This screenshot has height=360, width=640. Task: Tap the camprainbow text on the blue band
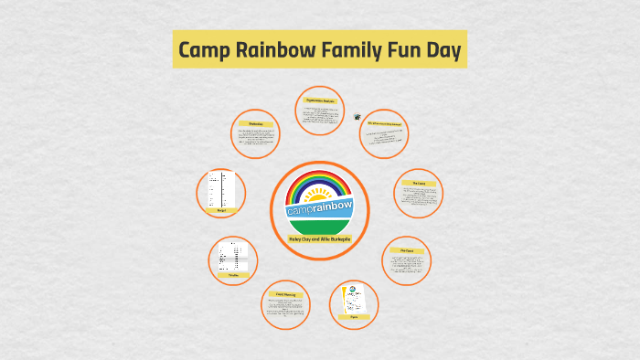(x=319, y=210)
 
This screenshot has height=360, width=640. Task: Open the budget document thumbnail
(x=220, y=188)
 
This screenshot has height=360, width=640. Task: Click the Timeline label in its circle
(x=232, y=274)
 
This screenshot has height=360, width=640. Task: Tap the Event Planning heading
(x=286, y=294)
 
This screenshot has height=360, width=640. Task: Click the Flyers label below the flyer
(x=354, y=316)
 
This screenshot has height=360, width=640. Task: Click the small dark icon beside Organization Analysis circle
(x=357, y=116)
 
